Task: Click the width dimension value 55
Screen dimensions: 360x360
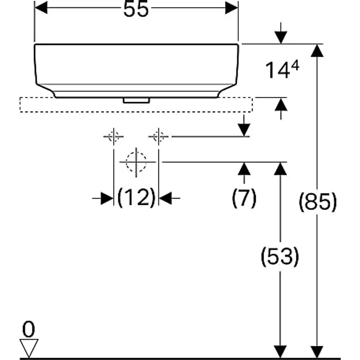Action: tap(135, 10)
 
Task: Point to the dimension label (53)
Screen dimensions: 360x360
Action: tap(280, 256)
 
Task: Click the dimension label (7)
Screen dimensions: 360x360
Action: tap(244, 198)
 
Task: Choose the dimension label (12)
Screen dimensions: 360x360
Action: tap(136, 198)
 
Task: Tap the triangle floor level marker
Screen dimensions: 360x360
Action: tap(29, 348)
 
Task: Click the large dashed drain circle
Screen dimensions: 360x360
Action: tap(136, 162)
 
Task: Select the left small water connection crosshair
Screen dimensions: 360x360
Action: tap(113, 136)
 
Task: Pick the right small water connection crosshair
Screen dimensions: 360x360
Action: tap(158, 136)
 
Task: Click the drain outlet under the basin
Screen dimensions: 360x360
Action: tap(136, 100)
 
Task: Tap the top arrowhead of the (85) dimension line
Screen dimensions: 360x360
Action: tap(318, 50)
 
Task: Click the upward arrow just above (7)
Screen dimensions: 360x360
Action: tap(244, 169)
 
